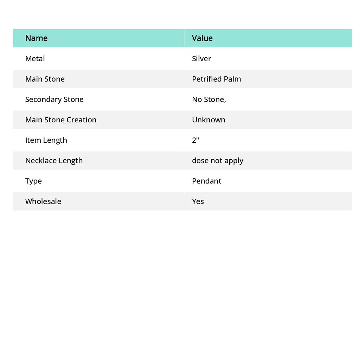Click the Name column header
(36, 38)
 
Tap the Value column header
(202, 38)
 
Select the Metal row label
(35, 58)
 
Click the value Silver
(201, 58)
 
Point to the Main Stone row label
(45, 79)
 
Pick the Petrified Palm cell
(216, 79)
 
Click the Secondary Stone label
(54, 99)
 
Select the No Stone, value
(209, 99)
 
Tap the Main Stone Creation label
(60, 120)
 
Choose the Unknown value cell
(208, 120)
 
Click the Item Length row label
(46, 140)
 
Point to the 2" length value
(195, 140)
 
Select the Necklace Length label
(54, 160)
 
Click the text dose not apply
(217, 160)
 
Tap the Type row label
(33, 181)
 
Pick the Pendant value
(206, 181)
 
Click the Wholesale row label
(43, 201)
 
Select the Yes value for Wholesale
(198, 201)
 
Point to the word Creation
(82, 120)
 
